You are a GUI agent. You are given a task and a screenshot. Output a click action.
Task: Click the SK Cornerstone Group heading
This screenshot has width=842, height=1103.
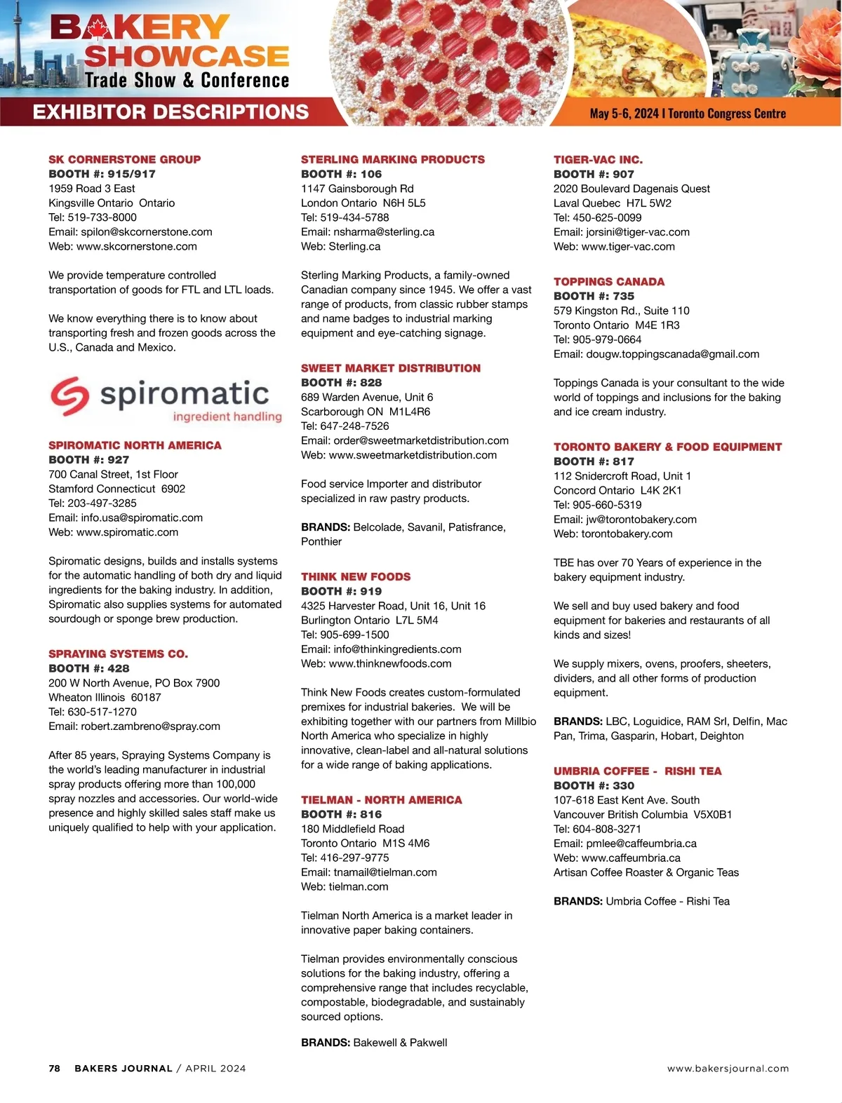124,159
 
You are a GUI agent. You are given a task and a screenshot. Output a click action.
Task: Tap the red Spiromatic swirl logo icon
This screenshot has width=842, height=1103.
69,396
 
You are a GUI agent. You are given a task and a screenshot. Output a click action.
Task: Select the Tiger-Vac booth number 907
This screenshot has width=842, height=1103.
623,174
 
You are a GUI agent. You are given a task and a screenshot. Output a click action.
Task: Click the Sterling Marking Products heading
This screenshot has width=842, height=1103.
392,159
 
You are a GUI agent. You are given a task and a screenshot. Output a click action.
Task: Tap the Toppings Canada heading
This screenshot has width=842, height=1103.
608,281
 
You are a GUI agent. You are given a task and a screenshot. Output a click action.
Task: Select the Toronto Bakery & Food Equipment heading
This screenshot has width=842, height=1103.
667,447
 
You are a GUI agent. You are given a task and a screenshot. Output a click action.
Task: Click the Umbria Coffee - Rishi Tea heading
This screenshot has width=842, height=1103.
637,771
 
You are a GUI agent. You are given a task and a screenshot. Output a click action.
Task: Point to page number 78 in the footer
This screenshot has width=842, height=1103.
54,1069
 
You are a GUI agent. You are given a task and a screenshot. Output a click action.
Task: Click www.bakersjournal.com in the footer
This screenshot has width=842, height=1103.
728,1069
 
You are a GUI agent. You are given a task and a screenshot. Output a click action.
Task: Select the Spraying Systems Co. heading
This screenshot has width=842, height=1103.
118,654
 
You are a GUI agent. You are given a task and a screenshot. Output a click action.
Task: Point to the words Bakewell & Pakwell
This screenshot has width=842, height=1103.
400,1043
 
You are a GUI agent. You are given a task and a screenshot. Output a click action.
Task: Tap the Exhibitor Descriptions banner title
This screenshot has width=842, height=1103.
171,112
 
